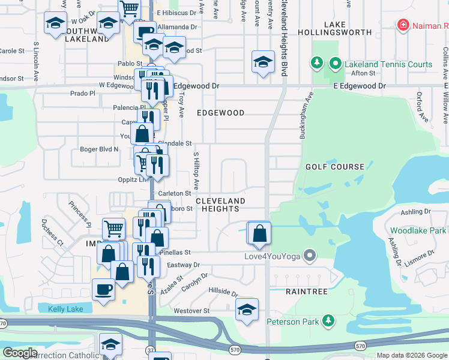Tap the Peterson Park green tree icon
click(x=328, y=322)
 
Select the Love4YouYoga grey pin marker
click(x=310, y=256)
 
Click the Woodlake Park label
click(x=418, y=230)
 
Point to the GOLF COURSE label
click(x=334, y=167)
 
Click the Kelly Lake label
click(x=64, y=308)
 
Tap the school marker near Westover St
click(x=247, y=309)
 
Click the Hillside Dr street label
click(x=223, y=292)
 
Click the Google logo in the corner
click(x=20, y=353)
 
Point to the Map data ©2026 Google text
click(x=411, y=355)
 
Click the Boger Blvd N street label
click(x=99, y=149)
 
